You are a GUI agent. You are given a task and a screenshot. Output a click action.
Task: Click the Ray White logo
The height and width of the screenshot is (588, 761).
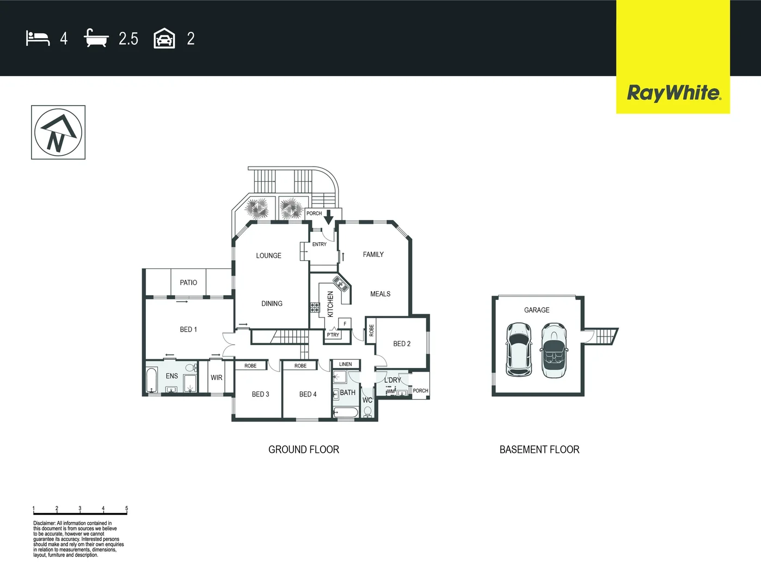pyautogui.click(x=673, y=93)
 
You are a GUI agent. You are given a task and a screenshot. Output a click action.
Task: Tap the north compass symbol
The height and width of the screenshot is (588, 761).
pyautogui.click(x=58, y=132)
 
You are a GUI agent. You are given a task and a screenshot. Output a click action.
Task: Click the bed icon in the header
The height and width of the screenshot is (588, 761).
pyautogui.click(x=38, y=39)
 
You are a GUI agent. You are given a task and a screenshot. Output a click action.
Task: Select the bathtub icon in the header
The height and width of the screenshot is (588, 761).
pyautogui.click(x=96, y=39)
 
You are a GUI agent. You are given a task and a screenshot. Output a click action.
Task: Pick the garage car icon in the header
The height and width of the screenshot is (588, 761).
pyautogui.click(x=164, y=39)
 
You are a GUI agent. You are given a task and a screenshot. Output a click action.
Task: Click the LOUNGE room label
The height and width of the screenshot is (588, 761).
pyautogui.click(x=269, y=255)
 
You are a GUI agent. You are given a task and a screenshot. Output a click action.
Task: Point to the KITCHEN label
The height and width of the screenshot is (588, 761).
pyautogui.click(x=330, y=304)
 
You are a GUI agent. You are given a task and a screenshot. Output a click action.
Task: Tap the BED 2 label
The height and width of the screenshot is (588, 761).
pyautogui.click(x=402, y=344)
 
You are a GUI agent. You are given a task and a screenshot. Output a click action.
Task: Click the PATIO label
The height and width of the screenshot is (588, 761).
pyautogui.click(x=188, y=283)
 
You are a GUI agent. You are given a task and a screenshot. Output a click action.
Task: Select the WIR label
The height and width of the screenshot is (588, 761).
pyautogui.click(x=217, y=377)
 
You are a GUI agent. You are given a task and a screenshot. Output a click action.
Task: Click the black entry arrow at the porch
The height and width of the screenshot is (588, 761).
pyautogui.click(x=328, y=217)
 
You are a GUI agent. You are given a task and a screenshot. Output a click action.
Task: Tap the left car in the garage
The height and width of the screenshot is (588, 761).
pyautogui.click(x=518, y=350)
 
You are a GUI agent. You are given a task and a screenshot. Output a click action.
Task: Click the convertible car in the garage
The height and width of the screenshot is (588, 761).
pyautogui.click(x=554, y=351)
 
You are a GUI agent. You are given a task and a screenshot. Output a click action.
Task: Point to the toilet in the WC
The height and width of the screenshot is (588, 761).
pyautogui.click(x=367, y=412)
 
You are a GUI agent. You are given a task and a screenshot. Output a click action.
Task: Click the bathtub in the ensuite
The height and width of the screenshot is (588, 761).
pyautogui.click(x=151, y=380)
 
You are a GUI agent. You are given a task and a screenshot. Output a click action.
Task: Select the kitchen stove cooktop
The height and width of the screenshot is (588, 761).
pyautogui.click(x=315, y=308)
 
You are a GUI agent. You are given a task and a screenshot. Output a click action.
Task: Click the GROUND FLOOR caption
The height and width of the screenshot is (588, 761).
pyautogui.click(x=304, y=450)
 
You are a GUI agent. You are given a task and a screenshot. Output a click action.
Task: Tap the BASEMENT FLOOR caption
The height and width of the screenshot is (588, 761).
pyautogui.click(x=539, y=450)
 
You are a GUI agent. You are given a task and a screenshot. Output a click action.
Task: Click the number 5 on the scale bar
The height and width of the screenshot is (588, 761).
pyautogui.click(x=126, y=509)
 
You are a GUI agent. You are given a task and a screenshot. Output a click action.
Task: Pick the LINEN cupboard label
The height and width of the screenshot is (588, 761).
pyautogui.click(x=346, y=364)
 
